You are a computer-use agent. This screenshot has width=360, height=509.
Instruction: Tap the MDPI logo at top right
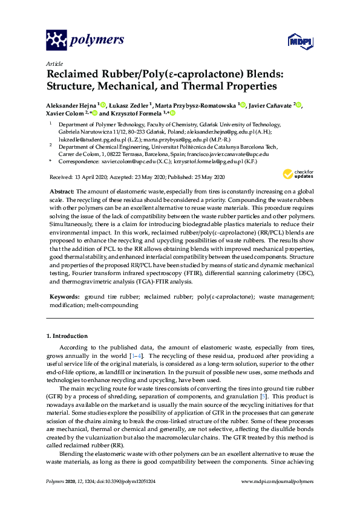295,41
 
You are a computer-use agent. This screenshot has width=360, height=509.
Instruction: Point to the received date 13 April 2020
91,177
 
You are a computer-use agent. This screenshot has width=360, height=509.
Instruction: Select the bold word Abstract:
62,190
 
